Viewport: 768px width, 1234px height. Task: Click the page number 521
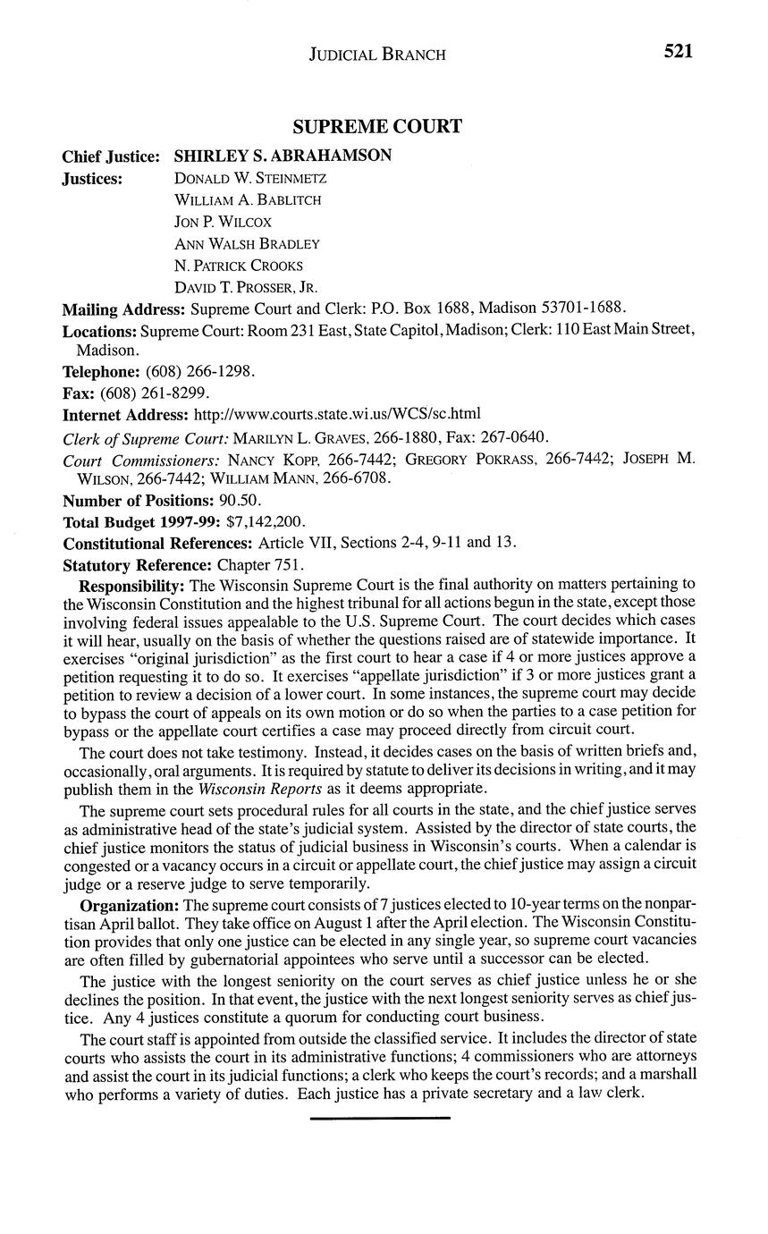(678, 52)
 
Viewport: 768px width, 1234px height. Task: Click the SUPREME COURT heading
(376, 126)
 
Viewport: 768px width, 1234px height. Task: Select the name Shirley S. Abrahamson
(283, 156)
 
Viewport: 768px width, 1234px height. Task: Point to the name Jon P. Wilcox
(223, 221)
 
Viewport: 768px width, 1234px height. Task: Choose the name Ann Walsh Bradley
(247, 243)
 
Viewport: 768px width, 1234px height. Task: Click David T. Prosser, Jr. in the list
(246, 287)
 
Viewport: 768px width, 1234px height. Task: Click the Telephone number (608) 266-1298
(200, 371)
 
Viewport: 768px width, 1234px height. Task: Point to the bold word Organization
(128, 905)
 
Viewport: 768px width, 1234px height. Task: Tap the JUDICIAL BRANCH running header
(376, 54)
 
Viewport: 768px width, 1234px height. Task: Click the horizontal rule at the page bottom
(380, 1118)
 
